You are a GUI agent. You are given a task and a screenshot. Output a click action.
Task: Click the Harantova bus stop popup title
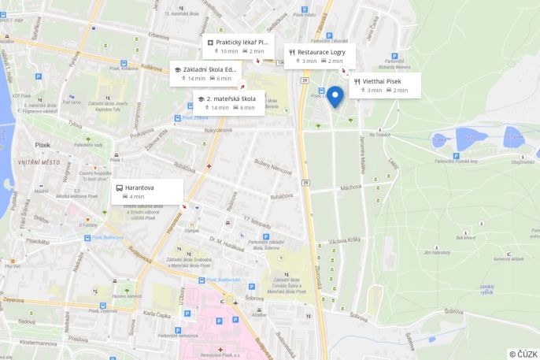139,187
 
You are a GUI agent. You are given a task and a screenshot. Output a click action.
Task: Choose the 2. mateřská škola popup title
231,98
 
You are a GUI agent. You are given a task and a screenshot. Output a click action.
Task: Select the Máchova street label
350,187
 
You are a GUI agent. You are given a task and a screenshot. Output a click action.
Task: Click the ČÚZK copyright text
523,354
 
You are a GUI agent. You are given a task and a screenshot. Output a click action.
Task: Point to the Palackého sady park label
88,145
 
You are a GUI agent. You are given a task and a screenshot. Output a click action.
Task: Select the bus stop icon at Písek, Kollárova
177,118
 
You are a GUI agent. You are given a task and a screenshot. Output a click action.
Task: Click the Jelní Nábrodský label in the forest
435,252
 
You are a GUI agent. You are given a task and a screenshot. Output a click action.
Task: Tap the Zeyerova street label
13,300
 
